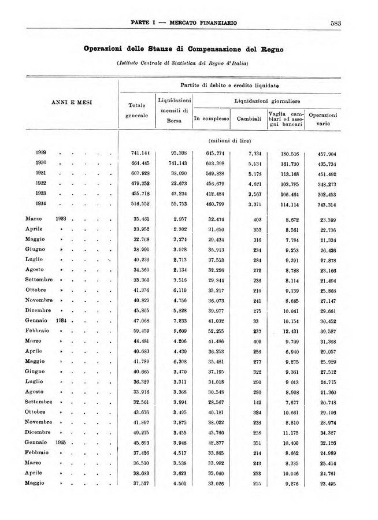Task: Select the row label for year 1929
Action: (x=40, y=153)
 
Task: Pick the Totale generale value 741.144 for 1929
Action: (x=140, y=153)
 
